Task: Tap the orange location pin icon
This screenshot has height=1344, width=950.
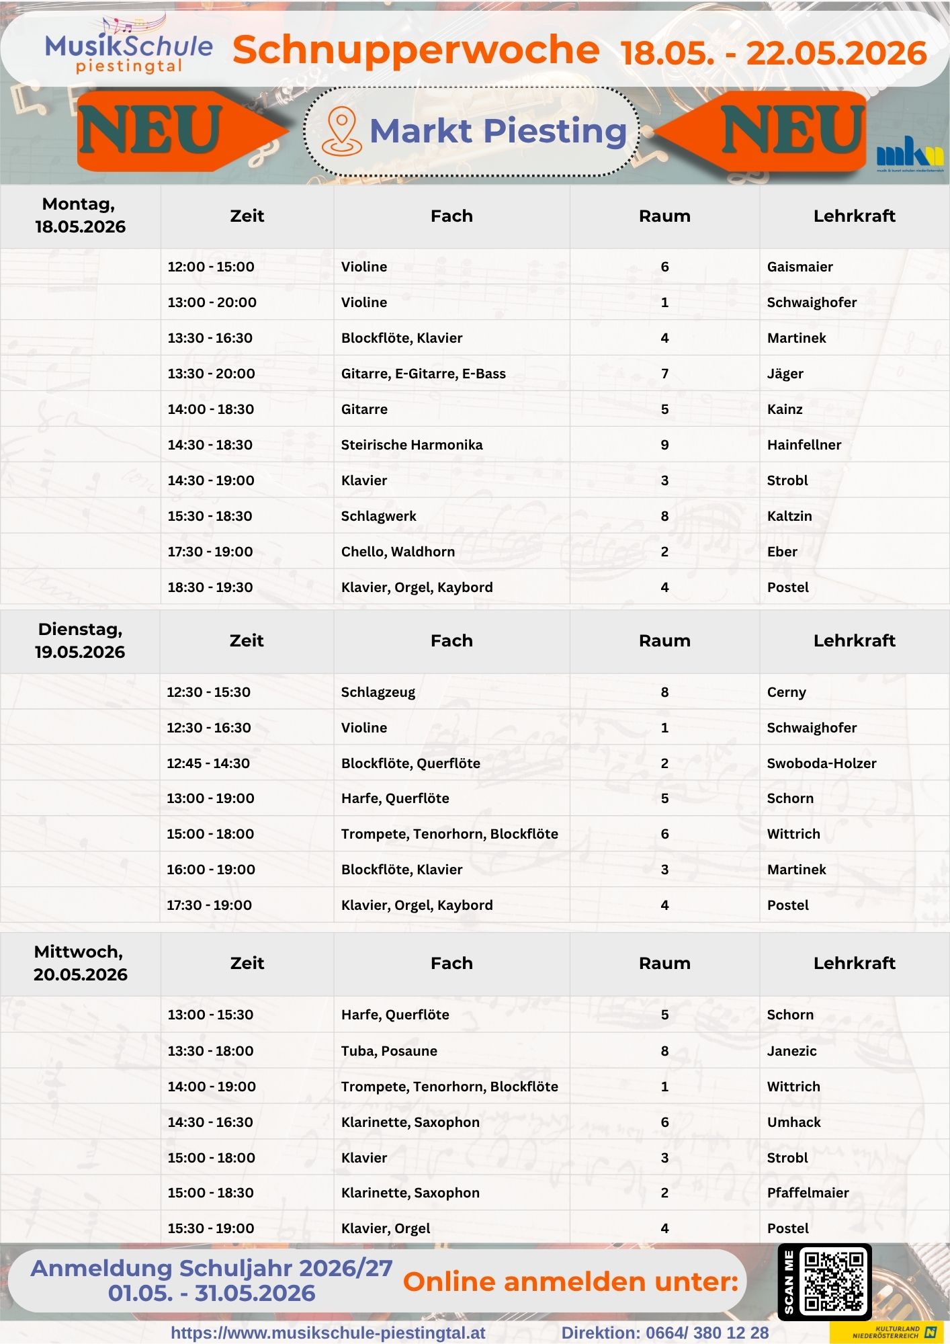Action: (x=341, y=131)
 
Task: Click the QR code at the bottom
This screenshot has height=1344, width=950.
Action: (x=834, y=1281)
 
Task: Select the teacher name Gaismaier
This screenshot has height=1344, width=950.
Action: (x=800, y=267)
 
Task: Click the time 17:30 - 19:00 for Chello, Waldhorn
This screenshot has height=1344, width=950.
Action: (x=210, y=552)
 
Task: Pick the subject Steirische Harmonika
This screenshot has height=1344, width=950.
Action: (x=411, y=445)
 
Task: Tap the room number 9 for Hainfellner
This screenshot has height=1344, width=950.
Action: (x=664, y=445)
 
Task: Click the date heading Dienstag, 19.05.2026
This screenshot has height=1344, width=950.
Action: (x=80, y=640)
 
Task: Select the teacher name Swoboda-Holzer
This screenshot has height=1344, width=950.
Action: (x=821, y=763)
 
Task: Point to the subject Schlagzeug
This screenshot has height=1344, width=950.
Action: (x=378, y=692)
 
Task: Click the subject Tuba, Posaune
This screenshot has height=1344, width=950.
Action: (x=389, y=1051)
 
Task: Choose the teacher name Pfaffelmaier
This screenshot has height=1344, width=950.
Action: (x=808, y=1193)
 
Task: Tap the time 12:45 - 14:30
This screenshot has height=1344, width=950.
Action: (x=208, y=763)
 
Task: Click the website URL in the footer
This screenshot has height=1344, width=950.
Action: (x=328, y=1333)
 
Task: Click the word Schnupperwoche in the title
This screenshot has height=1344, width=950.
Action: (x=416, y=50)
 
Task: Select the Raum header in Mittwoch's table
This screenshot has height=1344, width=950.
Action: (x=664, y=963)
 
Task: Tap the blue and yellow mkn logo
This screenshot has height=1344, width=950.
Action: (x=910, y=153)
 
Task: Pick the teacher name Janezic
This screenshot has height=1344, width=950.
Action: (x=791, y=1051)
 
